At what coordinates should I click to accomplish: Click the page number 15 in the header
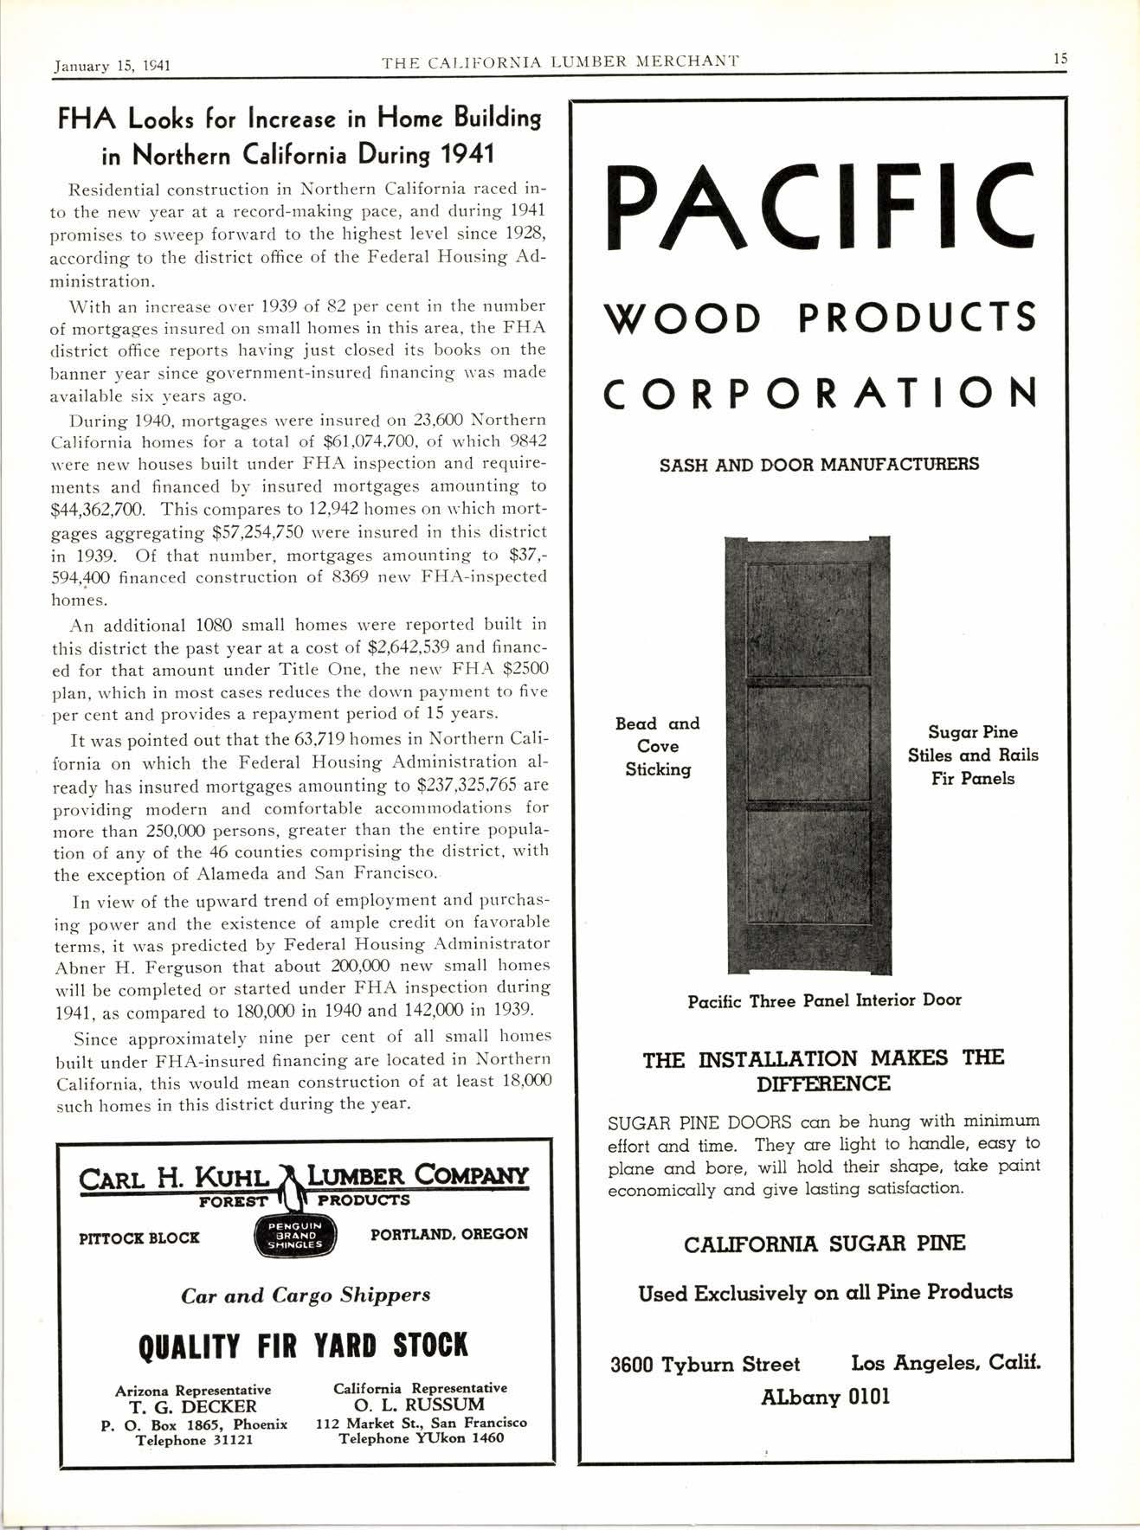(x=1060, y=59)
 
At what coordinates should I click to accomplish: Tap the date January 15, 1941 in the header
(x=112, y=64)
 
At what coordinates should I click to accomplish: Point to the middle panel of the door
(x=808, y=742)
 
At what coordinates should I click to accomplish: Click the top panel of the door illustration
(x=808, y=619)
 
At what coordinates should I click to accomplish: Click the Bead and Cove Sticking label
(x=658, y=746)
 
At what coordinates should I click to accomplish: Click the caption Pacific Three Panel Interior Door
(x=824, y=1000)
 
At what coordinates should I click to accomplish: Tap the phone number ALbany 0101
(x=825, y=1397)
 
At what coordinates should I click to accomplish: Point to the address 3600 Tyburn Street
(x=705, y=1365)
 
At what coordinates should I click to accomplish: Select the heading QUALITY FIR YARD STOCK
(x=303, y=1346)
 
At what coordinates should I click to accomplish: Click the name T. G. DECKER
(x=193, y=1406)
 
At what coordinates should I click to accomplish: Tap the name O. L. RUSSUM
(x=421, y=1405)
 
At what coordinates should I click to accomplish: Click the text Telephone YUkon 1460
(x=421, y=1438)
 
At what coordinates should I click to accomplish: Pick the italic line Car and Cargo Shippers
(x=306, y=1295)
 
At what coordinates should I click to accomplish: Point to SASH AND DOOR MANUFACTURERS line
(x=819, y=465)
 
